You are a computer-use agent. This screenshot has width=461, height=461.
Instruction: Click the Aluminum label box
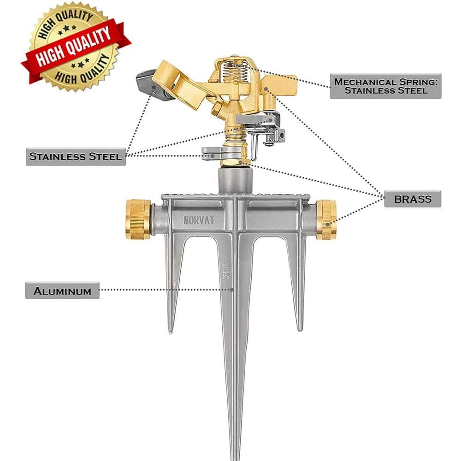[62, 290]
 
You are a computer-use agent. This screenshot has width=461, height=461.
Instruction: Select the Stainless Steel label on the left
[76, 157]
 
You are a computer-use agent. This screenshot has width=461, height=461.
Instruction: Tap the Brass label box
[413, 199]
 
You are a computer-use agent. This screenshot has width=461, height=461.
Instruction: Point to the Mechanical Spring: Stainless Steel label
[385, 86]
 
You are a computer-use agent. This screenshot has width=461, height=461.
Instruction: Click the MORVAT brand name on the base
[199, 220]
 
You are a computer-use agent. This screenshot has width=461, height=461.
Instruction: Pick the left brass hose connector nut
[138, 219]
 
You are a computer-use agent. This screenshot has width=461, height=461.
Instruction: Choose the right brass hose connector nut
[326, 219]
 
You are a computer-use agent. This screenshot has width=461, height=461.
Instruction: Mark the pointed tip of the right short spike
[300, 328]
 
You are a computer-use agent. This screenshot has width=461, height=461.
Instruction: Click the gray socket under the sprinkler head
[235, 180]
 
